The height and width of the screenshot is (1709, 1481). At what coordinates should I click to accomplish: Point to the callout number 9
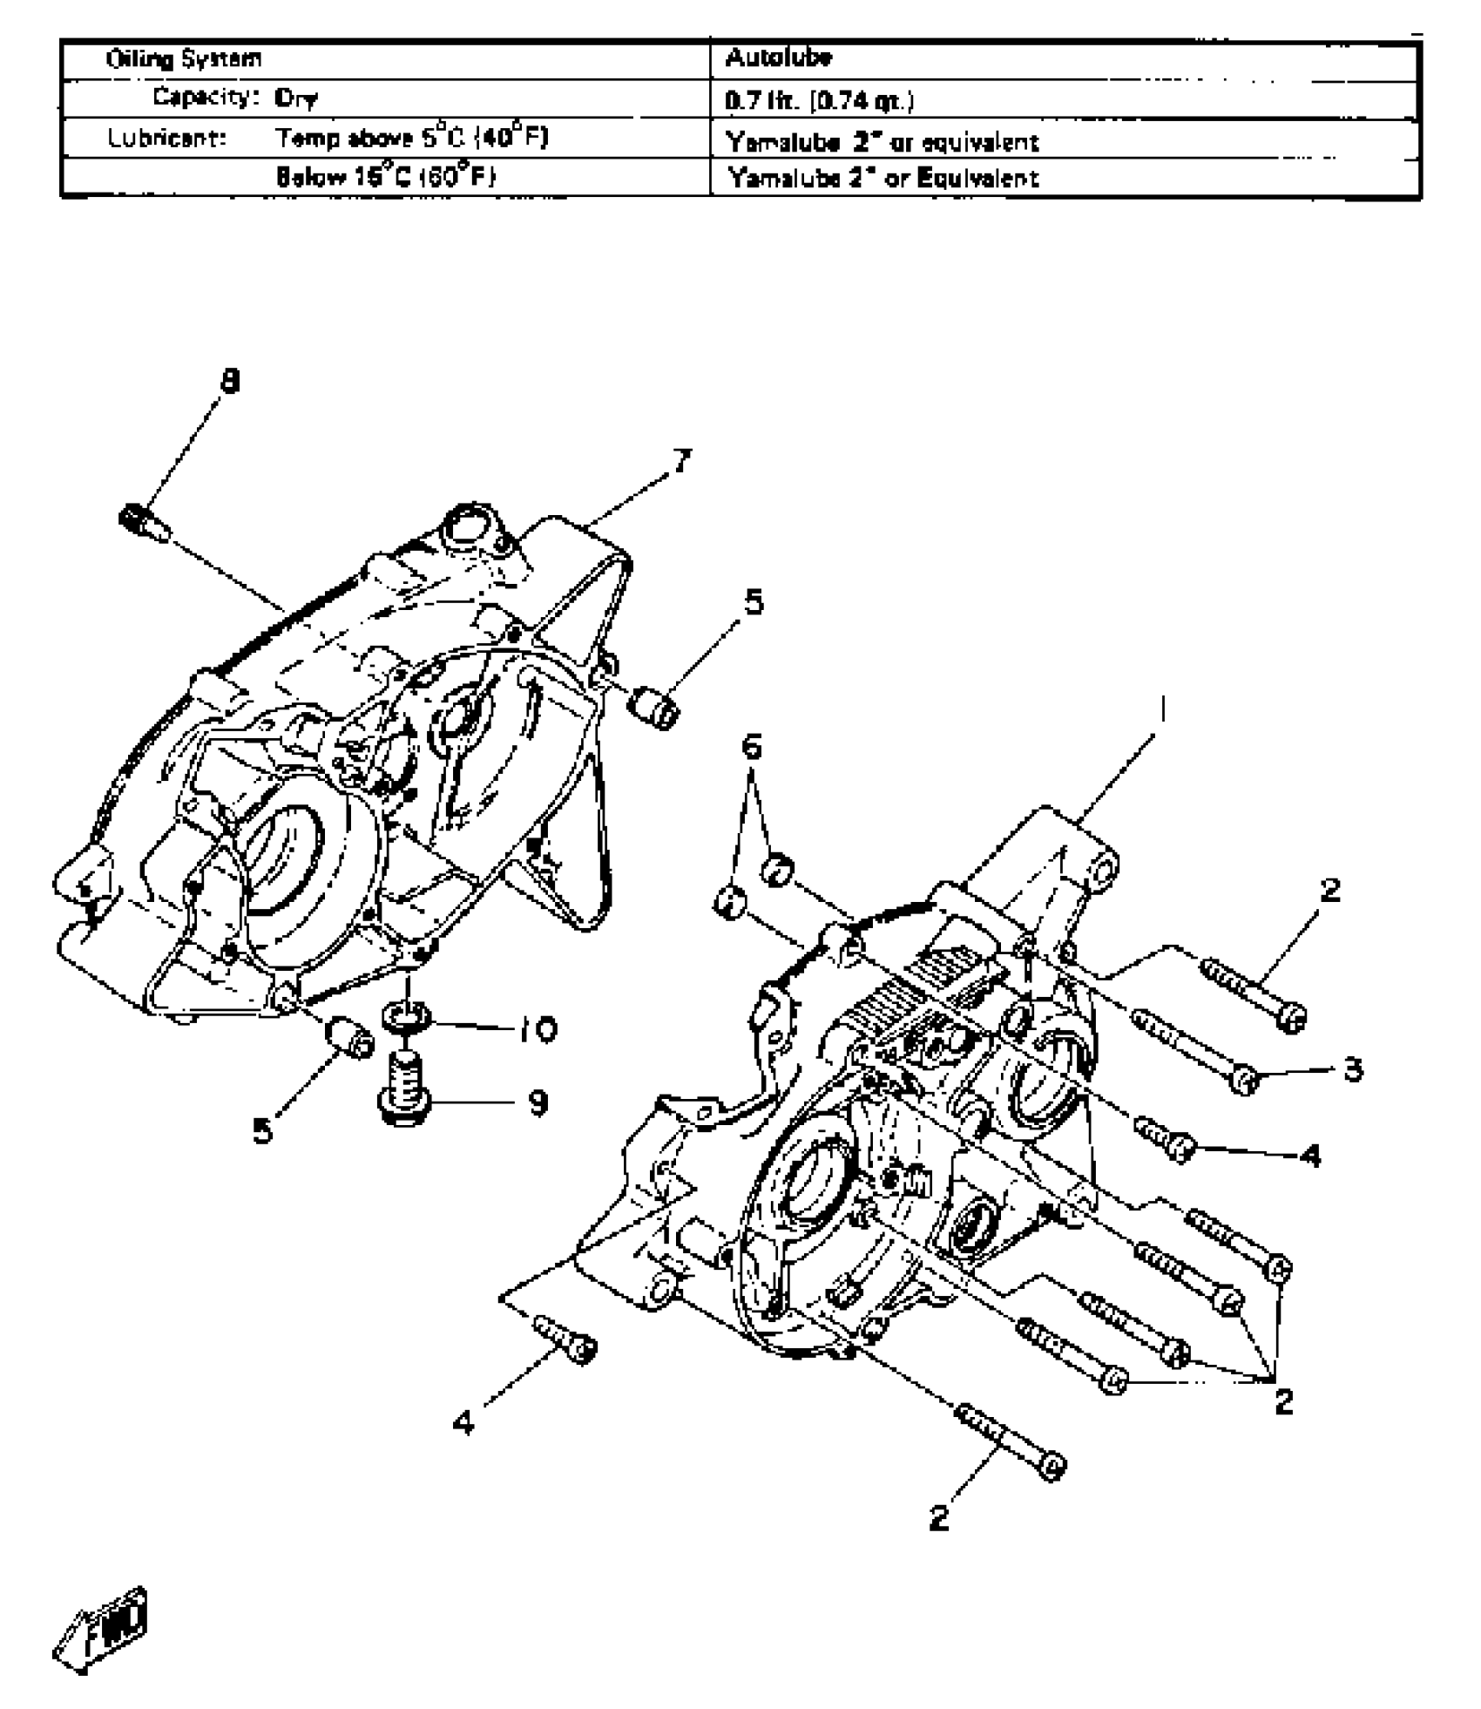point(538,1103)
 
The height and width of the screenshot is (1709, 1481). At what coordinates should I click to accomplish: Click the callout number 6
point(751,747)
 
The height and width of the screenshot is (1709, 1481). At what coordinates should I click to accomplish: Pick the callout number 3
point(1353,1068)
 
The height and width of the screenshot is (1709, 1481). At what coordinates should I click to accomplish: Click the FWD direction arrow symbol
point(103,1624)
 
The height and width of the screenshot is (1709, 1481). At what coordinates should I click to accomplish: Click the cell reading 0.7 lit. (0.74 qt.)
point(820,101)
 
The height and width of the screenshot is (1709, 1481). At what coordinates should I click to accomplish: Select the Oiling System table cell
point(183,59)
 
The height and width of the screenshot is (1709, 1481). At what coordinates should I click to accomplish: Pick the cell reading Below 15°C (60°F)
point(386,177)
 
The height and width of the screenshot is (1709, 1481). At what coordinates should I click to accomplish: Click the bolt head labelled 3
point(1246,1082)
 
